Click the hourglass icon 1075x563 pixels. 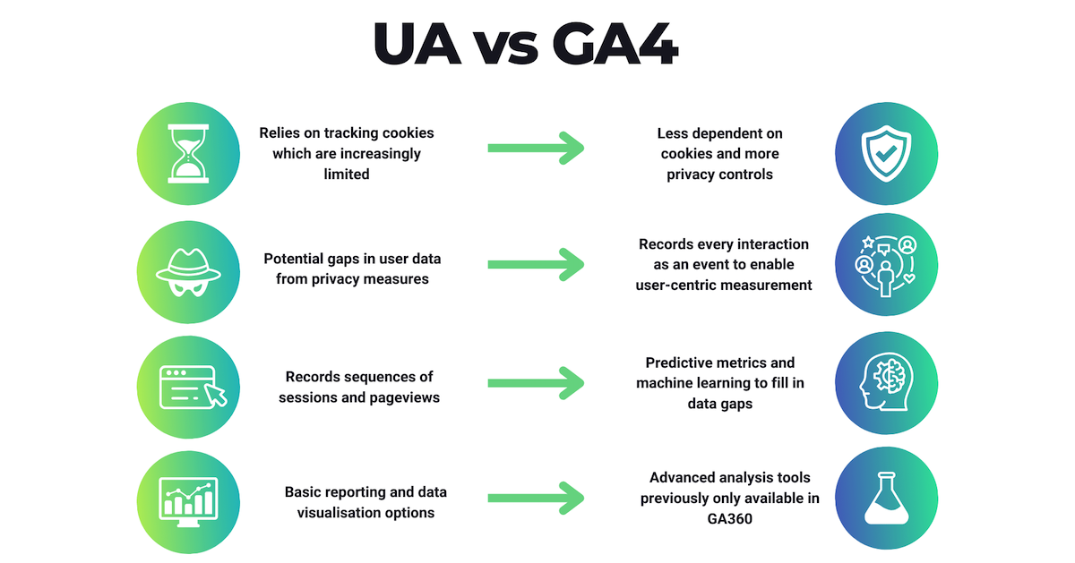[x=188, y=153]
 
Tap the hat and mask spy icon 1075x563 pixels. [x=188, y=272]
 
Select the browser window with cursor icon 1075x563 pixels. [x=193, y=387]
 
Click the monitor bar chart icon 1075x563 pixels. [x=188, y=502]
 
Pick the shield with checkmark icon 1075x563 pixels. [x=886, y=153]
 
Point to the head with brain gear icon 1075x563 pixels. [x=886, y=382]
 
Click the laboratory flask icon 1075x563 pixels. [x=886, y=498]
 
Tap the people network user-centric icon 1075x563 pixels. [x=886, y=266]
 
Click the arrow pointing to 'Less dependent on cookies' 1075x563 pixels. [x=536, y=149]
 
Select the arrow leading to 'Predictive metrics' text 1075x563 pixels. [x=536, y=383]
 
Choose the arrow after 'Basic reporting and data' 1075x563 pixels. [x=536, y=499]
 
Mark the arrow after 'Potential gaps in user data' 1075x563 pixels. [x=536, y=264]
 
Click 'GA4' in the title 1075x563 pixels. [x=615, y=43]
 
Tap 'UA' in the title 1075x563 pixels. [x=417, y=43]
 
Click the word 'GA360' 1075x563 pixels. [x=729, y=519]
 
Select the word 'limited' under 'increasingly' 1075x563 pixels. [x=347, y=174]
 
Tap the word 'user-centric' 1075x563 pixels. [x=679, y=286]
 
